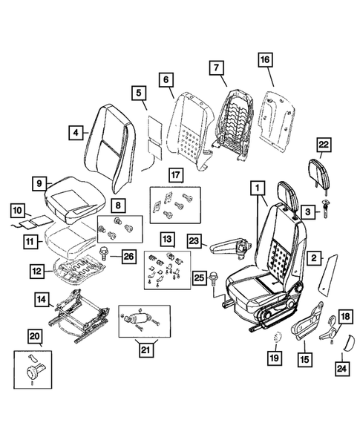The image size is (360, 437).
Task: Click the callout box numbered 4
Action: (76, 134)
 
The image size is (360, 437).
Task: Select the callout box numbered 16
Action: (265, 61)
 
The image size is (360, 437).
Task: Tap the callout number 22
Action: (323, 145)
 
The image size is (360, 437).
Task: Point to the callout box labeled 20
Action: (34, 337)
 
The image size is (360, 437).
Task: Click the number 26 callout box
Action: (128, 257)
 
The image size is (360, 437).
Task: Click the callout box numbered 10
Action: (17, 210)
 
